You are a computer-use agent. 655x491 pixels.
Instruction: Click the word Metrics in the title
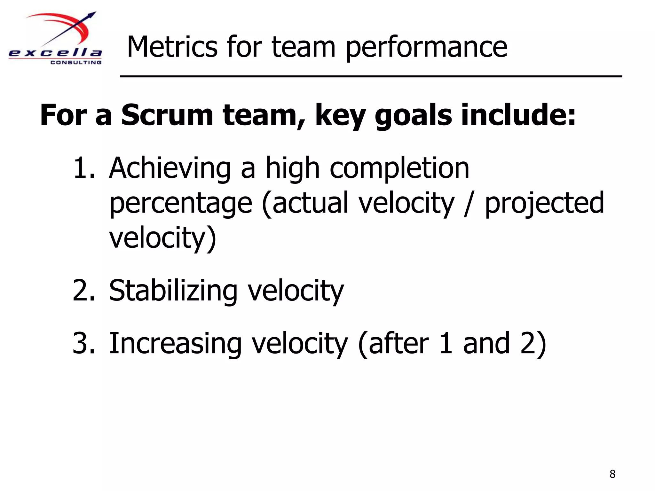(172, 47)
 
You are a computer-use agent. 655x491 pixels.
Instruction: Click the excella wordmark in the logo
(55, 53)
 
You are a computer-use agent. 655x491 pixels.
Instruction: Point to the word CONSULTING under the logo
(76, 62)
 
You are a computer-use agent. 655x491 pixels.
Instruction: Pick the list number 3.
(84, 343)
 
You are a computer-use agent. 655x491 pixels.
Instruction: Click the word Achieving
(170, 169)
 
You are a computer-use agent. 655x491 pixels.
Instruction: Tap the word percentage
(181, 204)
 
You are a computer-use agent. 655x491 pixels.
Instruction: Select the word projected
(544, 204)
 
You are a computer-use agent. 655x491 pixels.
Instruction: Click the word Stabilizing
(173, 291)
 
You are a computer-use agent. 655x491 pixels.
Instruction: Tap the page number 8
(612, 474)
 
